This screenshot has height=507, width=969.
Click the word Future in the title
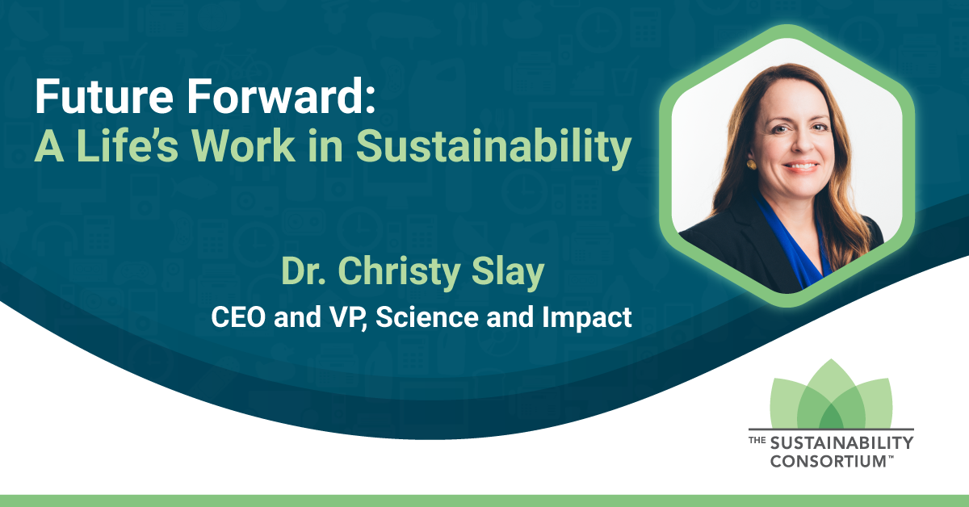[104, 96]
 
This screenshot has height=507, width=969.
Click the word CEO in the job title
[238, 317]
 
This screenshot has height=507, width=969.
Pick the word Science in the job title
[427, 317]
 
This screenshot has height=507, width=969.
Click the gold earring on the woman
[752, 165]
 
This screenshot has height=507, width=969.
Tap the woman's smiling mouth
[801, 166]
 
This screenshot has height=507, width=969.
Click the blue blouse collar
[791, 242]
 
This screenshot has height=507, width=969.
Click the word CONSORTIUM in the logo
[828, 461]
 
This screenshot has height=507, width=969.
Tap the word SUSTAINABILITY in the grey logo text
[841, 443]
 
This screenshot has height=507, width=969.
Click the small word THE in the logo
[757, 440]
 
